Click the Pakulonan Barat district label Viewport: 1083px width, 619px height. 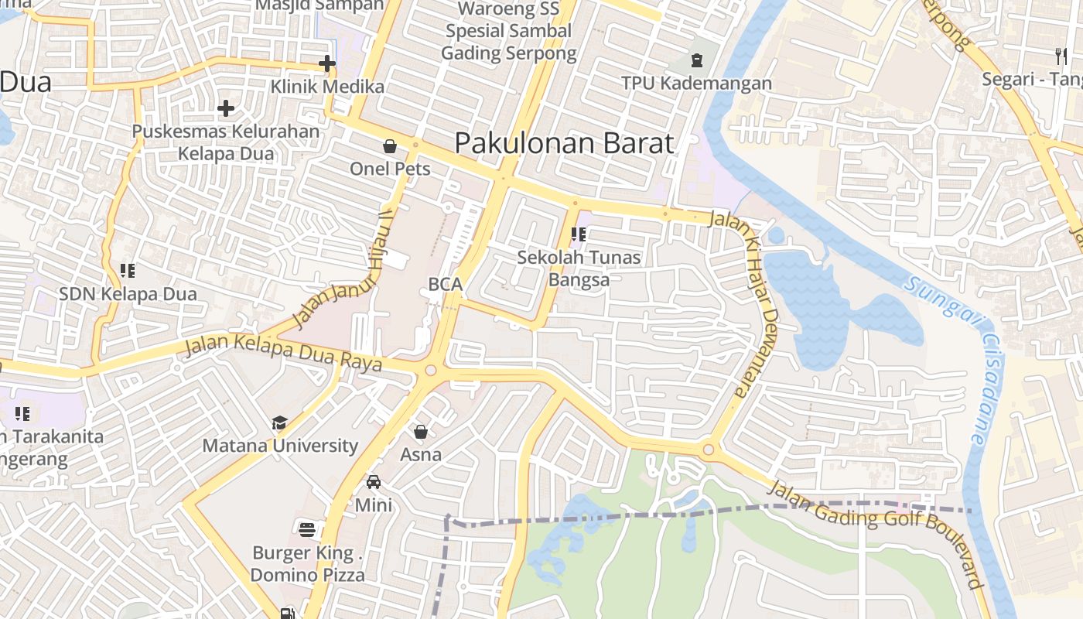tap(564, 143)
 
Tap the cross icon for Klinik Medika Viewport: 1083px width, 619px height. tap(327, 63)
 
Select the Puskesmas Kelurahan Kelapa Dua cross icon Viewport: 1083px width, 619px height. tap(226, 108)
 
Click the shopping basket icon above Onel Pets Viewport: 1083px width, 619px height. tap(390, 146)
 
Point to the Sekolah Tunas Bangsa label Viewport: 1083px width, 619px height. tap(579, 268)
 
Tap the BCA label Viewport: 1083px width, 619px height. tap(446, 284)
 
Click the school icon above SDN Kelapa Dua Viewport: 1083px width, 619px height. tap(128, 271)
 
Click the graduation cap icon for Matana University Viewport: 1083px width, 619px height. tap(280, 422)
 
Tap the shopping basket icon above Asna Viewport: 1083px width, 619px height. tap(421, 432)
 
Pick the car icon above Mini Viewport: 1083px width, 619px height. tap(374, 482)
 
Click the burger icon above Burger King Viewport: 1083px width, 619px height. tap(307, 530)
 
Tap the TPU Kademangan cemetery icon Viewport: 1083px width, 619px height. tap(697, 60)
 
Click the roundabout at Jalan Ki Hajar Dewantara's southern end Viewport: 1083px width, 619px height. tap(708, 450)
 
